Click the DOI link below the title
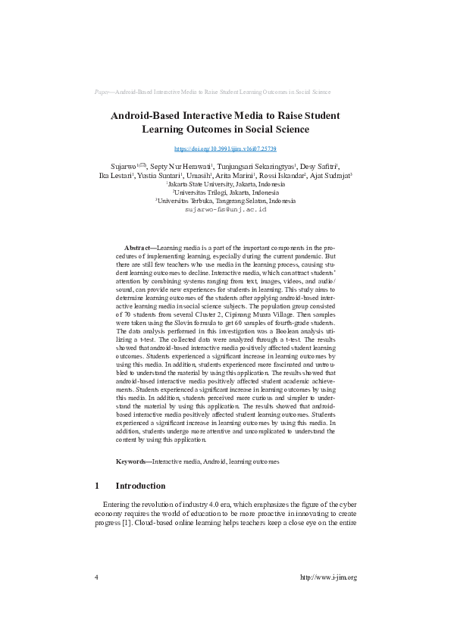[x=225, y=149]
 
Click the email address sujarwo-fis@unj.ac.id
[x=225, y=208]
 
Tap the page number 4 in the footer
[x=96, y=577]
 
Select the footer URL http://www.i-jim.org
[x=328, y=577]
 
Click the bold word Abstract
[x=139, y=248]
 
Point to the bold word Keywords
[x=133, y=461]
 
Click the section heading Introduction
[x=140, y=486]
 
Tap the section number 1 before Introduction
[x=97, y=486]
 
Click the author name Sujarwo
[x=124, y=166]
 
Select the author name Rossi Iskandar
[x=282, y=175]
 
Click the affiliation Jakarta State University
[x=226, y=184]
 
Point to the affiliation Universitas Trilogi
[x=226, y=192]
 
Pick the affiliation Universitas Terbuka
[x=226, y=201]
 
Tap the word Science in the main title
[x=285, y=130]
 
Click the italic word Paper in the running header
[x=102, y=92]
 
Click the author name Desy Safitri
[x=318, y=166]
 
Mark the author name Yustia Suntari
[x=158, y=175]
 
